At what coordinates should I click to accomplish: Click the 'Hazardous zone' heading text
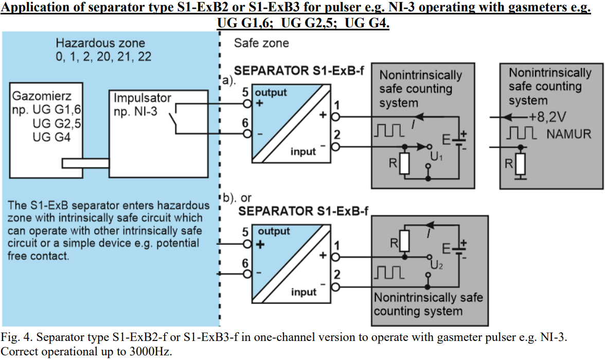pos(100,43)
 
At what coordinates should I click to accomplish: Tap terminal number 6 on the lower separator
pos(245,263)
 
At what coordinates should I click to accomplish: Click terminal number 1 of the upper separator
pos(337,106)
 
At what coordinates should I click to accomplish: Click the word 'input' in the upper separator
pos(303,152)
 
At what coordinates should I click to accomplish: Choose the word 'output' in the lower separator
pos(274,231)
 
